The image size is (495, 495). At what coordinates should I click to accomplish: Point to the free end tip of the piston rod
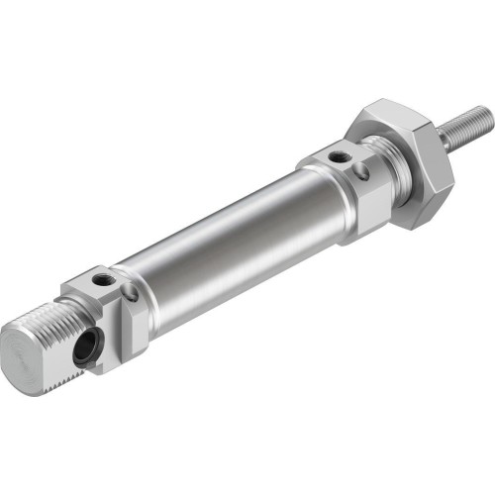pyautogui.click(x=484, y=116)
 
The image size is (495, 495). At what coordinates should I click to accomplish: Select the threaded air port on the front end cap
pyautogui.click(x=340, y=156)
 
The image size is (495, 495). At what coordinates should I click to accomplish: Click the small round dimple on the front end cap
pyautogui.click(x=361, y=171)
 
